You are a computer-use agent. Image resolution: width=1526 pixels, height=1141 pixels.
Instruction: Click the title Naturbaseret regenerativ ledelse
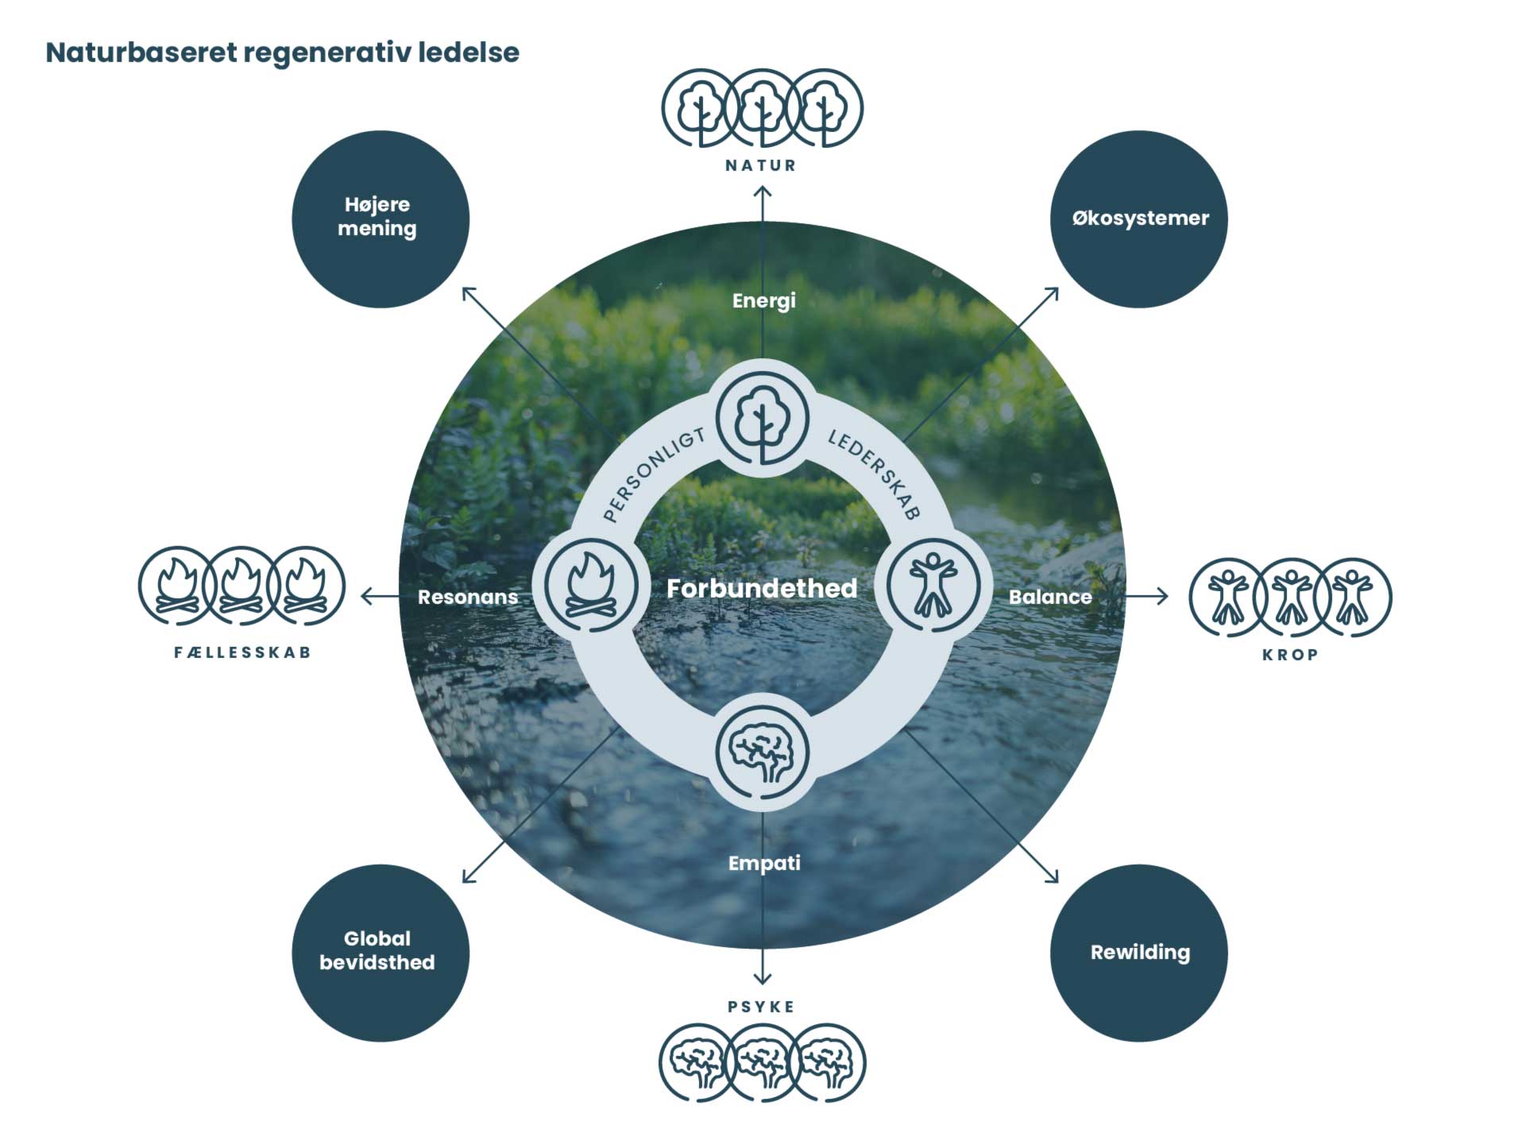point(282,52)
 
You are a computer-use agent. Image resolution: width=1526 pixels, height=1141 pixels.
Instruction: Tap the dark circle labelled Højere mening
point(381,219)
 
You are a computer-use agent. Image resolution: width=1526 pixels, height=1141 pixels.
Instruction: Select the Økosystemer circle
point(1139,219)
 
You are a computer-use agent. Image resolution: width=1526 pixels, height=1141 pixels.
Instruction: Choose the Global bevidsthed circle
point(381,952)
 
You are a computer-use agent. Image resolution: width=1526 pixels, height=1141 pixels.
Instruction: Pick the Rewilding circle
point(1139,952)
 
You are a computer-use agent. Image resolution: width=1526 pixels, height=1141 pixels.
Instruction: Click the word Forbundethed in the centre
point(762,588)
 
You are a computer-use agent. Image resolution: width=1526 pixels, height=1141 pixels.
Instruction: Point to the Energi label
point(763,300)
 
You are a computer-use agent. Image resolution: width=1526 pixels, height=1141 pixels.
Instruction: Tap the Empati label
point(763,863)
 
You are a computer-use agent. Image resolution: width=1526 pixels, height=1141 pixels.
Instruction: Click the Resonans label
point(467,597)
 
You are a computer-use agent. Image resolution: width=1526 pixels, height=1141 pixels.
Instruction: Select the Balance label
point(1049,597)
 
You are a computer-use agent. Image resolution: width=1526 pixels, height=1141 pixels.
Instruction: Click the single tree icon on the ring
point(762,418)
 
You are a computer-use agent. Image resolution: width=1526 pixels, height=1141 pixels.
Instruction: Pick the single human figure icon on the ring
point(933,586)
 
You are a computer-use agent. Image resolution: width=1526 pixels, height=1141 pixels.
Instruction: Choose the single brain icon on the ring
point(762,751)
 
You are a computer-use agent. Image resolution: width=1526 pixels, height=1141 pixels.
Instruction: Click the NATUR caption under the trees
point(760,165)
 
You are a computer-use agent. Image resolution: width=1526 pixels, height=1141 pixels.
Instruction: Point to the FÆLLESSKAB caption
point(242,652)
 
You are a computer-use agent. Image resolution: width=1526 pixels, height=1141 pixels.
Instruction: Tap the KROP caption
point(1290,655)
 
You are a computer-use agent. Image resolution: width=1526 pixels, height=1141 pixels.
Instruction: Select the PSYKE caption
point(760,1007)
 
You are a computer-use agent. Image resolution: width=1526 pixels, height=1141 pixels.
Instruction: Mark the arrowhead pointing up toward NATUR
point(763,192)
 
